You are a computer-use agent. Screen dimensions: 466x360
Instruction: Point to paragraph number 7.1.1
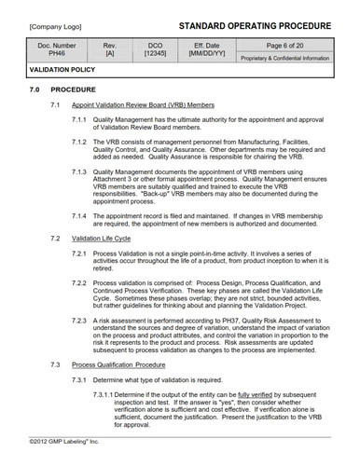[106, 131]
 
